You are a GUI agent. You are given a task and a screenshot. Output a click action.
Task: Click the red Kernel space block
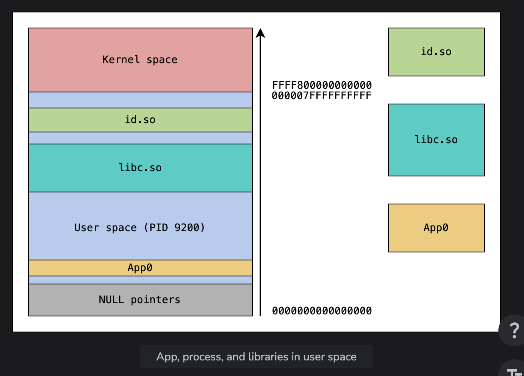(140, 60)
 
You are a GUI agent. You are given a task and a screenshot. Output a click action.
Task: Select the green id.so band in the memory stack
(140, 120)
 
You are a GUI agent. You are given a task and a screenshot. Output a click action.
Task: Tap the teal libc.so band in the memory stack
(140, 168)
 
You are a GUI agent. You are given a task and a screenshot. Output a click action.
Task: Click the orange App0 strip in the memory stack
(140, 268)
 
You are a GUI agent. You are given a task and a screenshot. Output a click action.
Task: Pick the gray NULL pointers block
(140, 300)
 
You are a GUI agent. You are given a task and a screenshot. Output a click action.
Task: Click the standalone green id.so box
(436, 52)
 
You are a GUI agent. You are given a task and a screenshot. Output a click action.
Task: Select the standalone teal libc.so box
(436, 140)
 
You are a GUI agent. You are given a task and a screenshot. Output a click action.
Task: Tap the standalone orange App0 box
(436, 228)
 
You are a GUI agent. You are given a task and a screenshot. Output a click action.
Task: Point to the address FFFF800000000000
(322, 85)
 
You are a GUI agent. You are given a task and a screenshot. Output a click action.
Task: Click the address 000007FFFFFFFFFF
(322, 96)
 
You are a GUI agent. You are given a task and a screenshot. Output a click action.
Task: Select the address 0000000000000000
(322, 311)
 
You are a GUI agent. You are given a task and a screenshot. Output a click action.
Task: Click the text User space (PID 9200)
(140, 228)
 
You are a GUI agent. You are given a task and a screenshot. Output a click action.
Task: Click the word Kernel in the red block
(121, 60)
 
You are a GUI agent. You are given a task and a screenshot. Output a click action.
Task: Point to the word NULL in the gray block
(111, 300)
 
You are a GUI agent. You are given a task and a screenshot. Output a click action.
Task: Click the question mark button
(514, 330)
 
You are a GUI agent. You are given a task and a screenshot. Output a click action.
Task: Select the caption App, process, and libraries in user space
(256, 357)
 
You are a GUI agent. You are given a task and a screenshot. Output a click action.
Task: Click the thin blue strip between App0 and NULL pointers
(140, 280)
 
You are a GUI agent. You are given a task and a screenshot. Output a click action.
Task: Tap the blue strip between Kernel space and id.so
(140, 100)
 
